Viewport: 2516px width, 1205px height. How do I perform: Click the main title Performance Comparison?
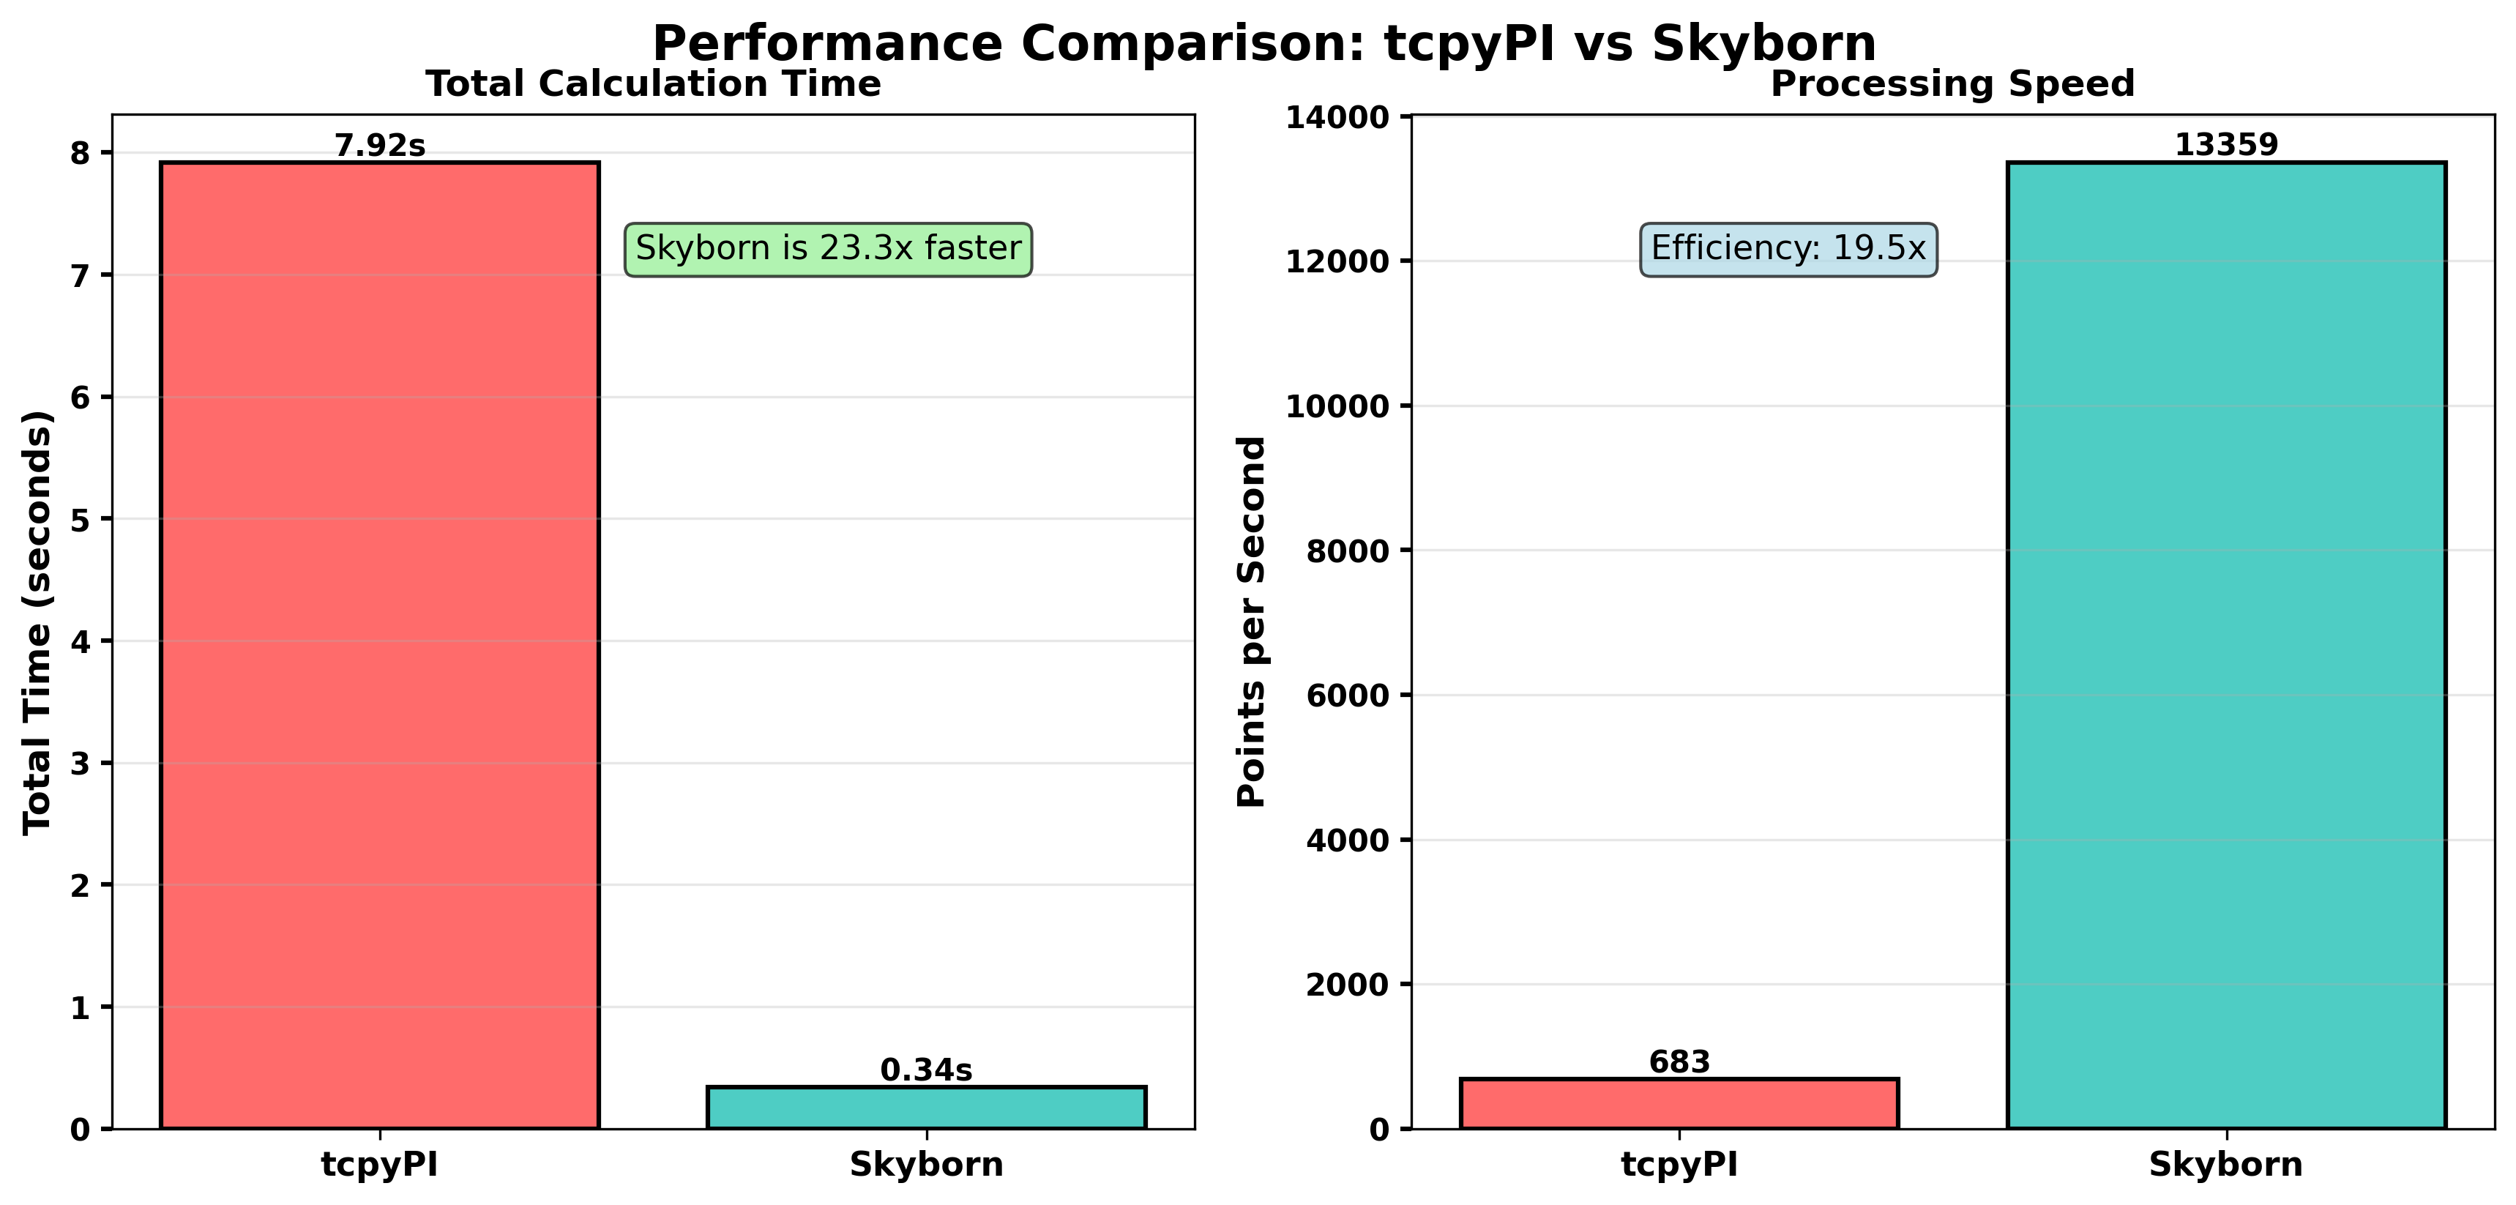(x=1264, y=44)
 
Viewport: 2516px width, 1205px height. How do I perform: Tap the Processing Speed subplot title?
(x=1952, y=84)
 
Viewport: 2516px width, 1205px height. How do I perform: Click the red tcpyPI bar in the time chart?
(x=379, y=644)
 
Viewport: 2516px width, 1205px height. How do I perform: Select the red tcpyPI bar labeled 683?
(x=1679, y=1103)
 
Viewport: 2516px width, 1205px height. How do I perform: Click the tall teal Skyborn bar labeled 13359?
(x=2226, y=644)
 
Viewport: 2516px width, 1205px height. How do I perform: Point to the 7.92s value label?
(x=380, y=146)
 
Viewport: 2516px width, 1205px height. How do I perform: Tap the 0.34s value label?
(x=926, y=1070)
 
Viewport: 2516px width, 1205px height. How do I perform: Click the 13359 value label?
(x=2226, y=146)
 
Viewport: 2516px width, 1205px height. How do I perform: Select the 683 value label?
(x=1679, y=1062)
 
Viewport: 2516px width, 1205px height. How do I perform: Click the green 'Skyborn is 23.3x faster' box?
(x=827, y=249)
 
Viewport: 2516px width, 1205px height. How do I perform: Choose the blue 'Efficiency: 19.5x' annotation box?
(x=1788, y=249)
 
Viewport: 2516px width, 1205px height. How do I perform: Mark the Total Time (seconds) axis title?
(x=37, y=622)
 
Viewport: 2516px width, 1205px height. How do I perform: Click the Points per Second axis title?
(x=1251, y=622)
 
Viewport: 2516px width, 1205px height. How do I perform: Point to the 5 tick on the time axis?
(x=80, y=520)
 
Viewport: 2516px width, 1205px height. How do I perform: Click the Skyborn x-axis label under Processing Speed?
(x=2226, y=1165)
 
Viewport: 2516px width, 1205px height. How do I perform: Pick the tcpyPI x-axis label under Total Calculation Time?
(x=379, y=1165)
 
